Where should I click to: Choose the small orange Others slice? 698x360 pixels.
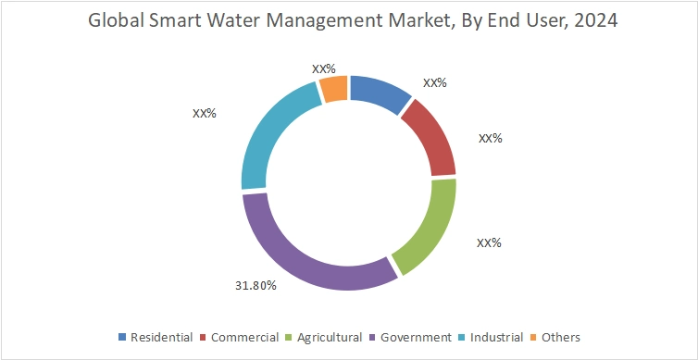point(333,89)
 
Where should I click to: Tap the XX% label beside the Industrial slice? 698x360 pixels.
point(204,114)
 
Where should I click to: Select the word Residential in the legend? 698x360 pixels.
point(162,338)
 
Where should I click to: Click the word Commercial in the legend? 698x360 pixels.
point(245,338)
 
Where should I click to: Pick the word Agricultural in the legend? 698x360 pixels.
point(329,338)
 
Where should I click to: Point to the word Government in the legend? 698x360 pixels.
point(415,338)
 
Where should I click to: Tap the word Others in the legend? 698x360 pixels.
point(562,338)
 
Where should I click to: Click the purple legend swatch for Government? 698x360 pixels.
point(372,338)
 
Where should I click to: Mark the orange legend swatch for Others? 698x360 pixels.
point(535,338)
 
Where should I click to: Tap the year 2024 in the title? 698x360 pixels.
point(592,21)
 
